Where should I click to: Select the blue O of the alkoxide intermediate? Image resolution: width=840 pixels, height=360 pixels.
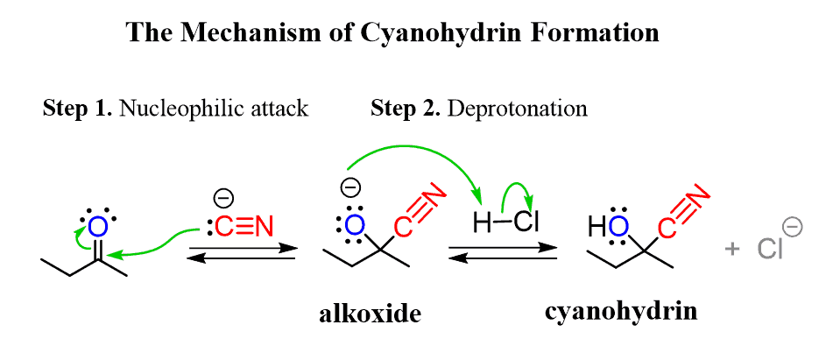[353, 225]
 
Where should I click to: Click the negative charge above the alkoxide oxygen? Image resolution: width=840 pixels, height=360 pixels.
[349, 188]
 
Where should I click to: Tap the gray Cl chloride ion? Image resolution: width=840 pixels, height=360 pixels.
[771, 250]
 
